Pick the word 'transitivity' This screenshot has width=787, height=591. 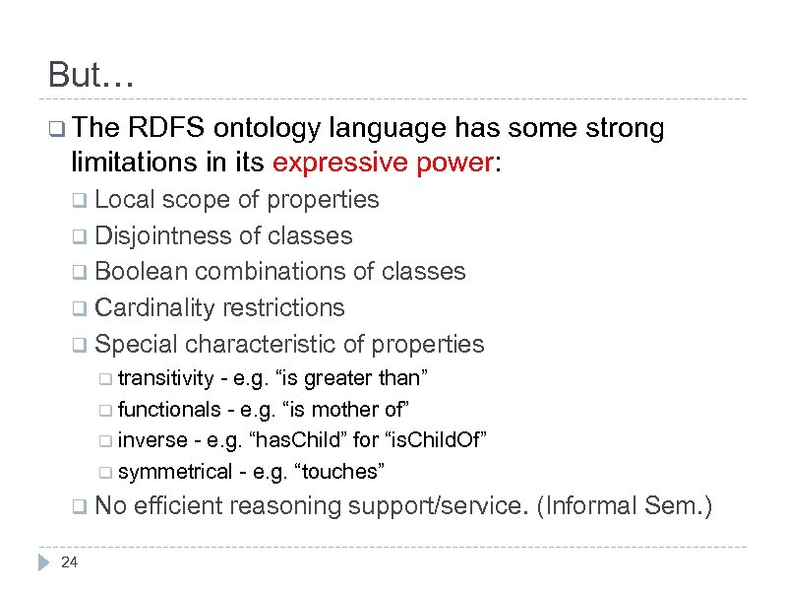coord(165,378)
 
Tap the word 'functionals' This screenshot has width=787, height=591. coord(169,409)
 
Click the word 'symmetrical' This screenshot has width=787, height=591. coord(173,471)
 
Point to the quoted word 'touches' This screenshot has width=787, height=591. coord(347,471)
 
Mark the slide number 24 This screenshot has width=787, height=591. coord(69,562)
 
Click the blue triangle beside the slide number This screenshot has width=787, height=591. coord(42,563)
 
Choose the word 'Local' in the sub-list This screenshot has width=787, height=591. coord(124,200)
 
